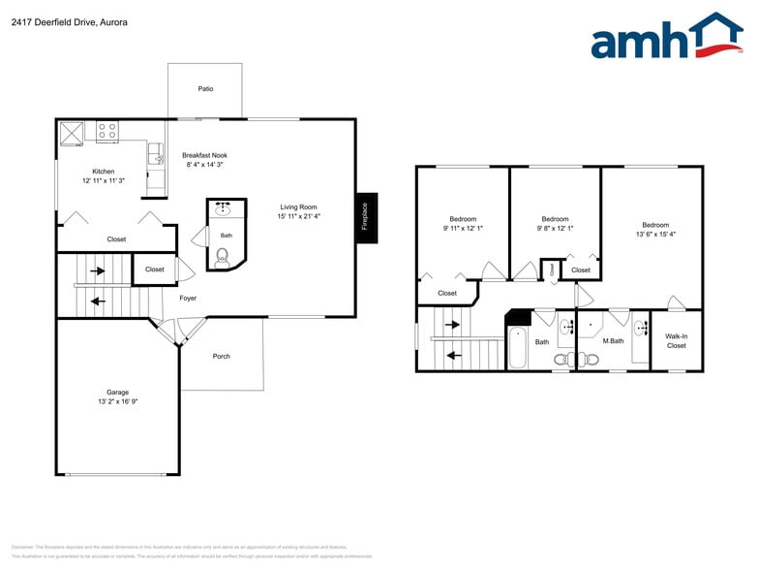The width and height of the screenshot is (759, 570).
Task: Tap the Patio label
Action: [205, 88]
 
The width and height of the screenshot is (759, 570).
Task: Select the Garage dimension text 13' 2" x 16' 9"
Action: [117, 400]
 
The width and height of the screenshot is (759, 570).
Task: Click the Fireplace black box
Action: [366, 218]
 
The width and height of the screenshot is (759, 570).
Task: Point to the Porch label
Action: [221, 356]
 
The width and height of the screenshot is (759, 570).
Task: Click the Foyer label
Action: [188, 298]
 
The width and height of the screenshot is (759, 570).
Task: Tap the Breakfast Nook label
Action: [204, 155]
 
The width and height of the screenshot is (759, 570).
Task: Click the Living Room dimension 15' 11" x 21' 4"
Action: [299, 216]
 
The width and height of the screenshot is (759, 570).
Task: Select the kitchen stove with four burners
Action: [106, 131]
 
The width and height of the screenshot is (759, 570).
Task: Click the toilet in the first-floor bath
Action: [223, 256]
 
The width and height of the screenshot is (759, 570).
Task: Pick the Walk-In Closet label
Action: [676, 340]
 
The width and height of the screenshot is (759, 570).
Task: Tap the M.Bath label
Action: [612, 341]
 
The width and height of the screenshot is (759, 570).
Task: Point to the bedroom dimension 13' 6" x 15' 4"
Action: [655, 234]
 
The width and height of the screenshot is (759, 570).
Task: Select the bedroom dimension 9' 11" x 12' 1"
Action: [463, 228]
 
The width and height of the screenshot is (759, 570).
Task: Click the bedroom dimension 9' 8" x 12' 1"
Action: [555, 228]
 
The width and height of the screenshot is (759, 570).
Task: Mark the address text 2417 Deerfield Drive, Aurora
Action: [69, 21]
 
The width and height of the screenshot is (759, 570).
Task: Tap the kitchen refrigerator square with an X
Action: [73, 132]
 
